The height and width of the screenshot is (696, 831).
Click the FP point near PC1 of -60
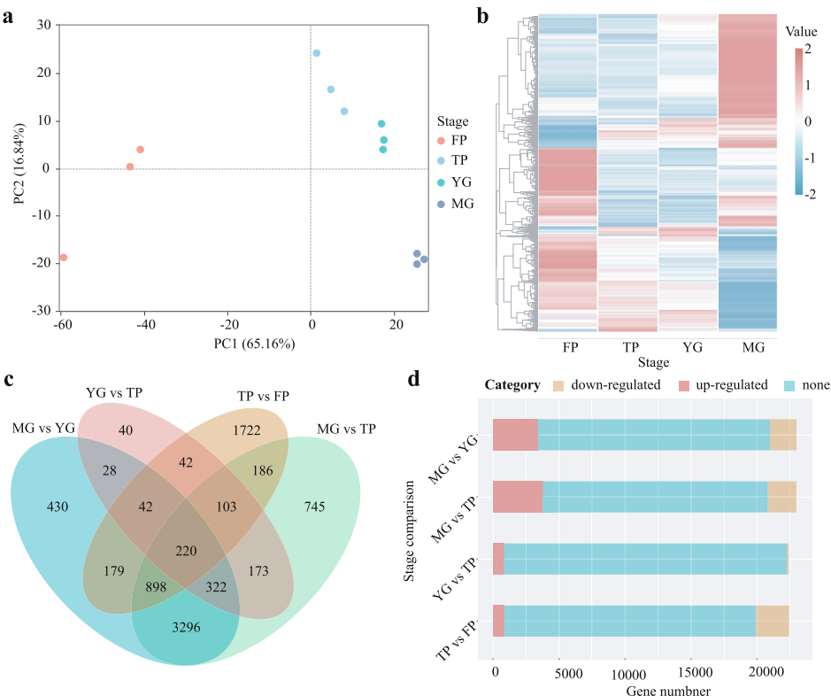[63, 258]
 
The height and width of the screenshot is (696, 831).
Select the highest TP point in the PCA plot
[317, 53]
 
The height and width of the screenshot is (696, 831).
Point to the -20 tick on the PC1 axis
[228, 323]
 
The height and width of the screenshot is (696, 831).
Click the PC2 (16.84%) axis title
[20, 168]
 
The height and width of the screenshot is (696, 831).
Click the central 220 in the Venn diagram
[186, 550]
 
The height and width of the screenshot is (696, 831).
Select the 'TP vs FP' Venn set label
[275, 395]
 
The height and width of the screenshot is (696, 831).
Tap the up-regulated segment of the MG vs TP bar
[518, 497]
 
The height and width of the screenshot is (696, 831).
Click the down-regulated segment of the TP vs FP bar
[772, 621]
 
